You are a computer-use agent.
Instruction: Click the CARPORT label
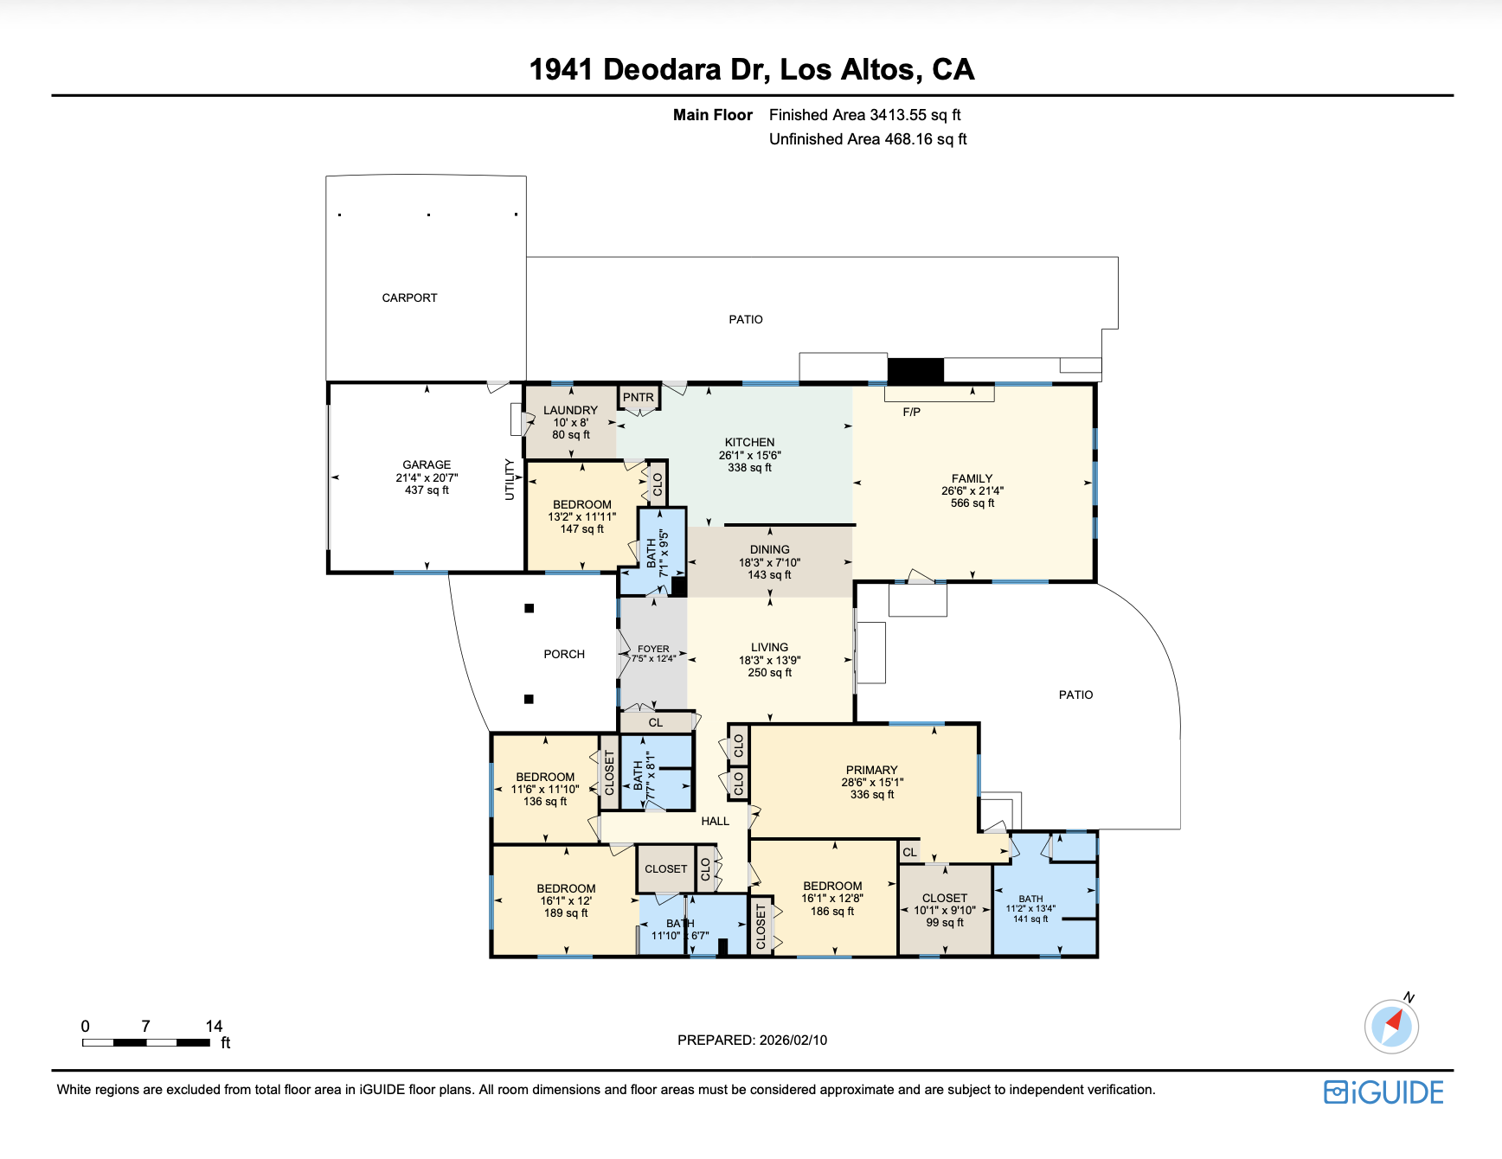(x=409, y=298)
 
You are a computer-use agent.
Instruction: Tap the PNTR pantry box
(x=639, y=398)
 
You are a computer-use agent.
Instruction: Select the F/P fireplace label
(x=911, y=412)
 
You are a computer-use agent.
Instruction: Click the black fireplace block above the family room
(x=915, y=371)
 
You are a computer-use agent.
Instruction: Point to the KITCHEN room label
(x=749, y=442)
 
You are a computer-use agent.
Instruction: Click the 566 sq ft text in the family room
(x=972, y=503)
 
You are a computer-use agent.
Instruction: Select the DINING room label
(x=769, y=549)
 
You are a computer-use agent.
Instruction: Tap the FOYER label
(x=653, y=649)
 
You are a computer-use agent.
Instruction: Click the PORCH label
(x=564, y=655)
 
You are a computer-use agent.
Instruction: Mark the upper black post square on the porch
(x=530, y=608)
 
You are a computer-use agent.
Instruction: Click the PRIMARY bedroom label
(x=871, y=770)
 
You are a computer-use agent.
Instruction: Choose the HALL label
(x=715, y=821)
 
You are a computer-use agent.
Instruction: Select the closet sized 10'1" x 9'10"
(x=944, y=910)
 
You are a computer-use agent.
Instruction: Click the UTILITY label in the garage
(x=510, y=480)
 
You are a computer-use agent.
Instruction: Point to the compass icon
(x=1391, y=1027)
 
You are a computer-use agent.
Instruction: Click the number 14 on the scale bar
(x=214, y=1027)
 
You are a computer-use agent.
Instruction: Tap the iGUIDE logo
(x=1383, y=1092)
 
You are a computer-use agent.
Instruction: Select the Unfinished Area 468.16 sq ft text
(x=868, y=139)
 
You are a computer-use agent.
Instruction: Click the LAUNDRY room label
(x=570, y=410)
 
